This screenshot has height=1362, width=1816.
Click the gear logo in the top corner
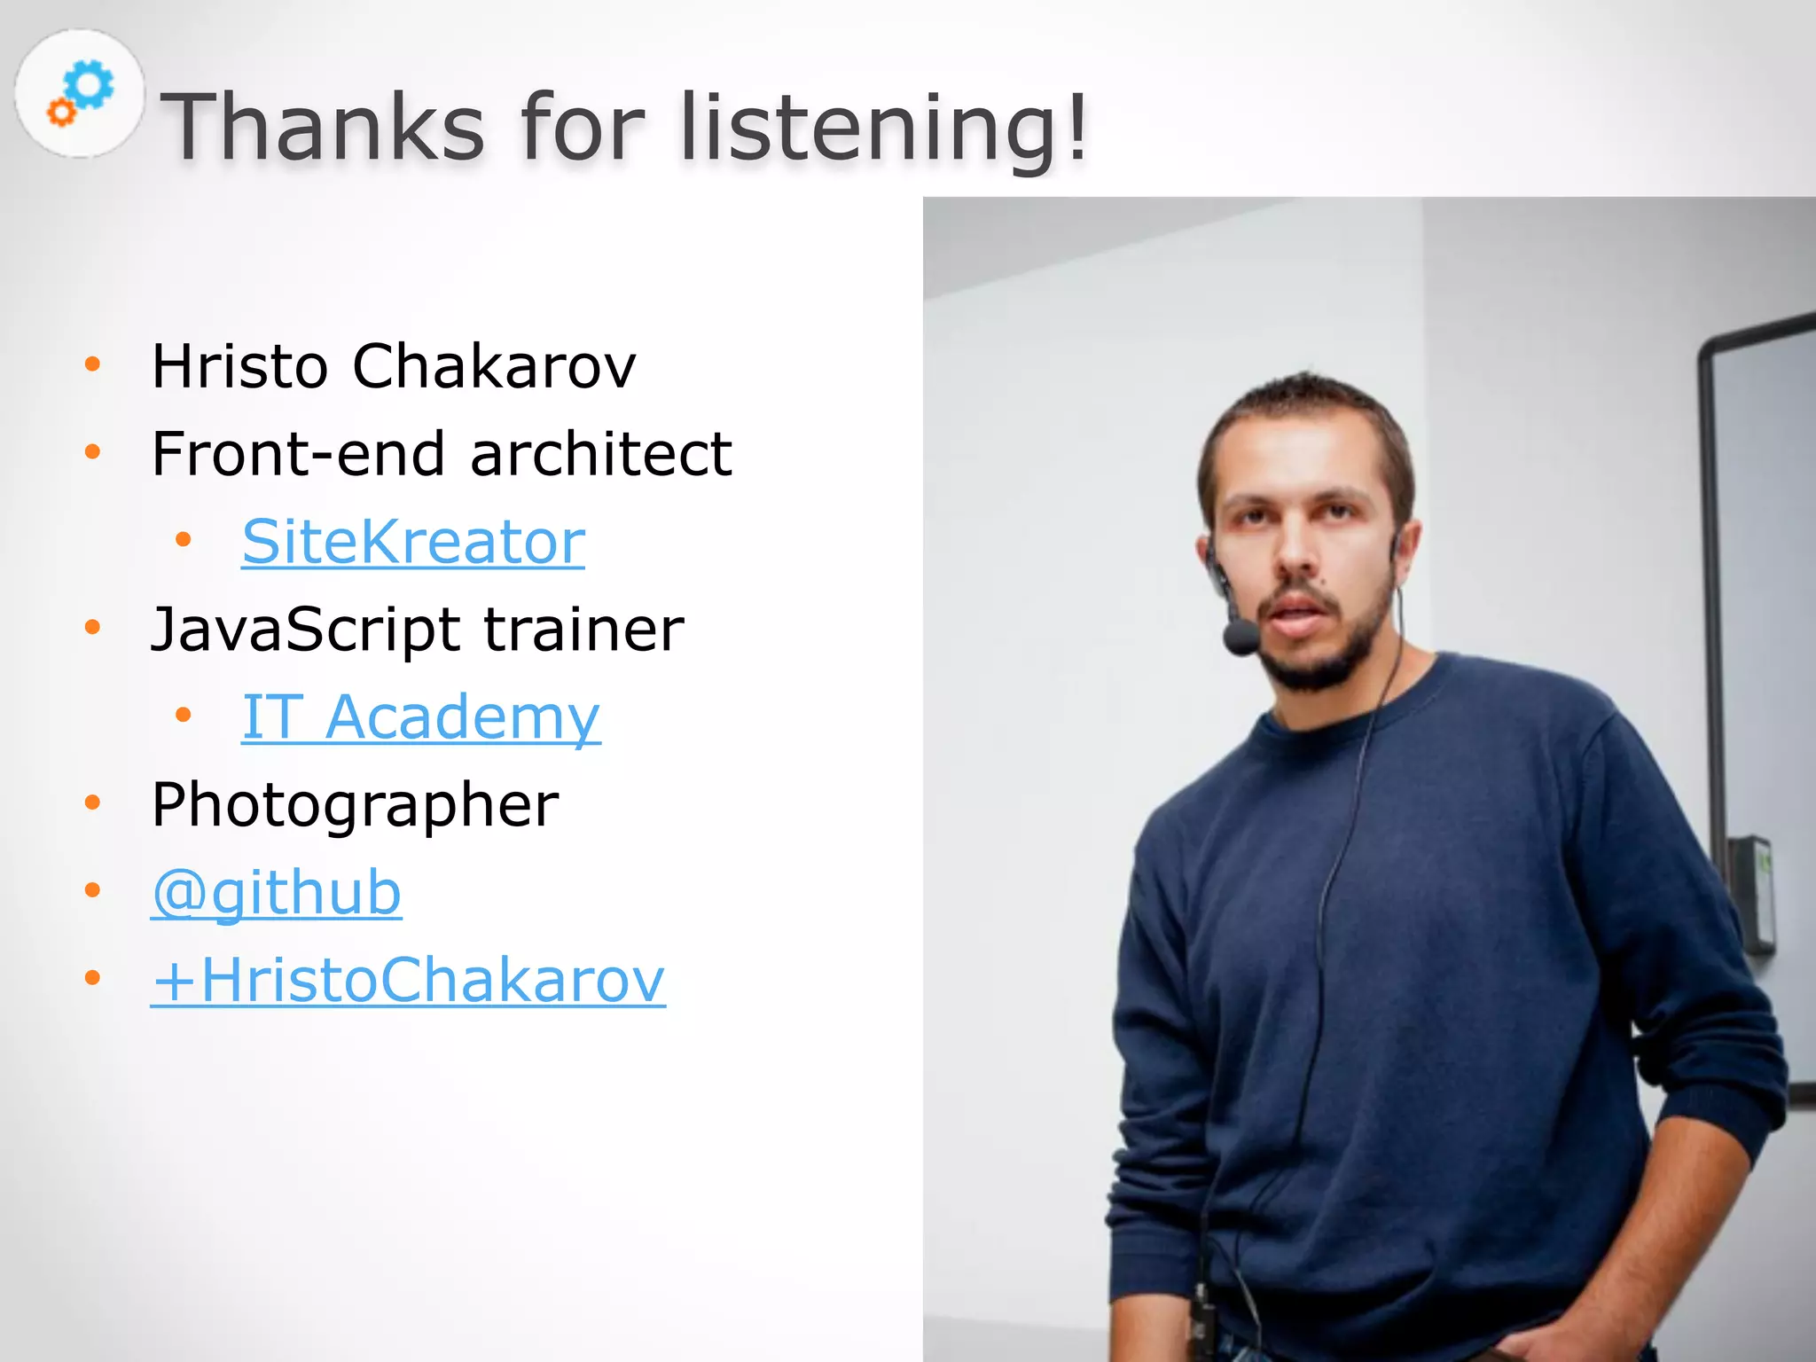coord(80,94)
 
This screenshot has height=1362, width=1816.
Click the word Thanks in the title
coord(323,128)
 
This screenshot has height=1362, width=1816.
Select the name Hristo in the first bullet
coord(239,365)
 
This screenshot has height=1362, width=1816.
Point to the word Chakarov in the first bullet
coord(494,365)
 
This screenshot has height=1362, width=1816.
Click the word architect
coord(600,454)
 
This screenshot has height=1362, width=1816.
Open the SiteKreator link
coord(413,541)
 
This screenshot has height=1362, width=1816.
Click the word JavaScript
coord(305,630)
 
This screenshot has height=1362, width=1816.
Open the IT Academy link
coord(421,716)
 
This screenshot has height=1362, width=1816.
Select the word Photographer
coord(355,805)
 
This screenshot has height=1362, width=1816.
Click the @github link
coord(276,892)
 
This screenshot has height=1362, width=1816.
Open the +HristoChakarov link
coord(408,980)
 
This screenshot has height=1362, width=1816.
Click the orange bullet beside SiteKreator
coord(184,539)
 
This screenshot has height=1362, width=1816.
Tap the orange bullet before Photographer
coord(92,802)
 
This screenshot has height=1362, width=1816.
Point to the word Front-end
coord(297,454)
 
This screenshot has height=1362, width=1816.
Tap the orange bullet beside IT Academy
coord(184,715)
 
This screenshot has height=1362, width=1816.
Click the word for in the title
coord(583,128)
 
